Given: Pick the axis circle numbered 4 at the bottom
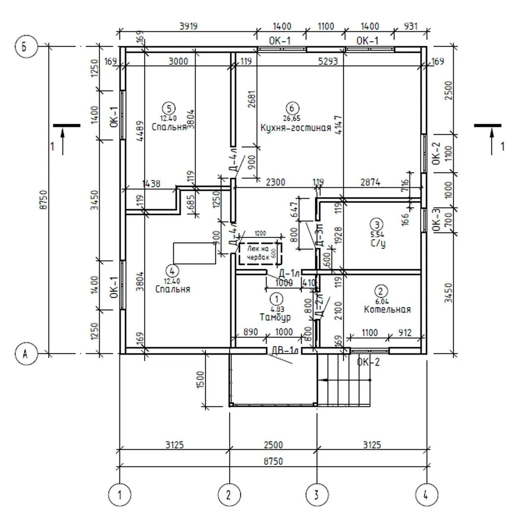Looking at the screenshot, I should [426, 494].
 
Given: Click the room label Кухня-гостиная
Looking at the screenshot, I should [296, 127].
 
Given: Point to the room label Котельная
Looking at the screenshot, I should [387, 309].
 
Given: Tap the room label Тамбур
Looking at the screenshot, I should [275, 317].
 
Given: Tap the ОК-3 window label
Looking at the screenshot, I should [436, 221].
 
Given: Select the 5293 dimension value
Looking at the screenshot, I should [329, 60].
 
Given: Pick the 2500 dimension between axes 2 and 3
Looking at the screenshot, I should [273, 444].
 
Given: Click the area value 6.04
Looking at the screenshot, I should [381, 300].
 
